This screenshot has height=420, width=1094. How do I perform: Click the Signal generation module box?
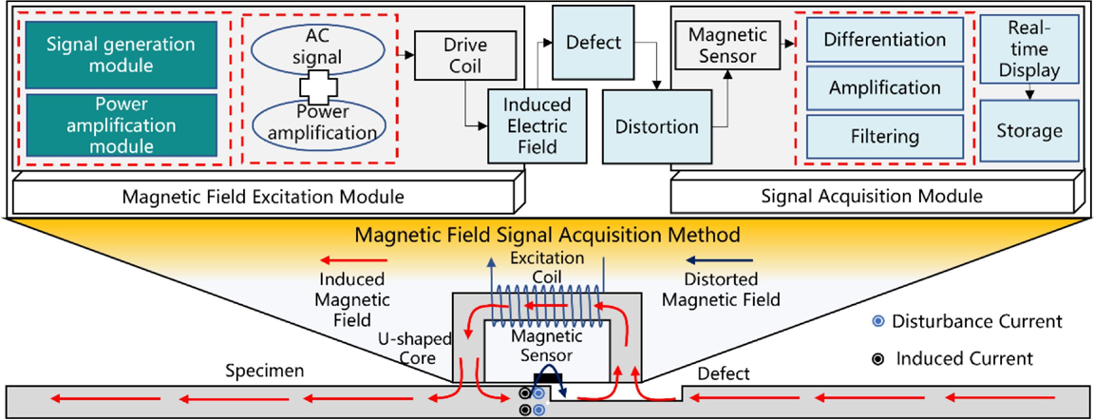tap(120, 55)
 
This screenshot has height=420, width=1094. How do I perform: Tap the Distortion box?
tap(657, 127)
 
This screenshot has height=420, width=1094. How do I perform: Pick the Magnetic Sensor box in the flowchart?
tap(722, 46)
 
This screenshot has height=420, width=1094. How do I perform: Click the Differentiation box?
tap(884, 40)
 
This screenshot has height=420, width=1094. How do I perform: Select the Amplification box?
tap(884, 88)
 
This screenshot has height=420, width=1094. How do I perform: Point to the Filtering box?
tap(884, 137)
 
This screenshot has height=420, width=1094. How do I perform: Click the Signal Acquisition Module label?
tap(872, 197)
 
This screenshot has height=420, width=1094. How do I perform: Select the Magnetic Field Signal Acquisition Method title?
tap(547, 233)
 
